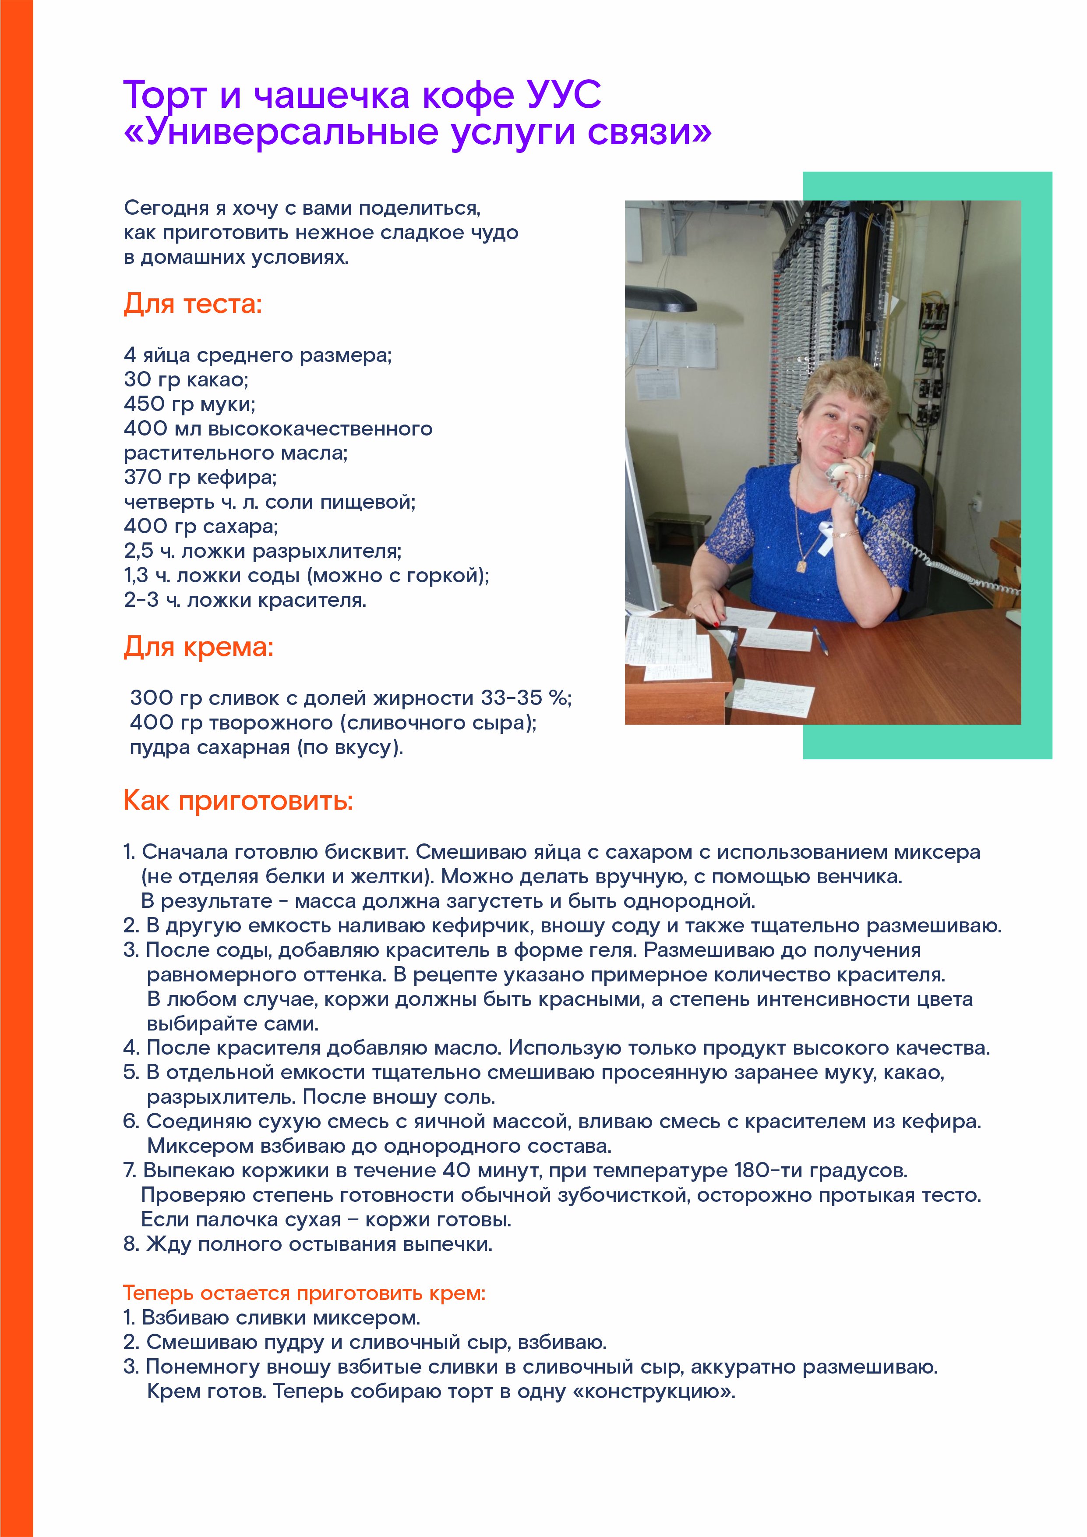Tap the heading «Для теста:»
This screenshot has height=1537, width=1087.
point(193,305)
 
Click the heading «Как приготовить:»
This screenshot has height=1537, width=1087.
point(238,800)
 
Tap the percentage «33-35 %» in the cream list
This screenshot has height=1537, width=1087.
point(526,698)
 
